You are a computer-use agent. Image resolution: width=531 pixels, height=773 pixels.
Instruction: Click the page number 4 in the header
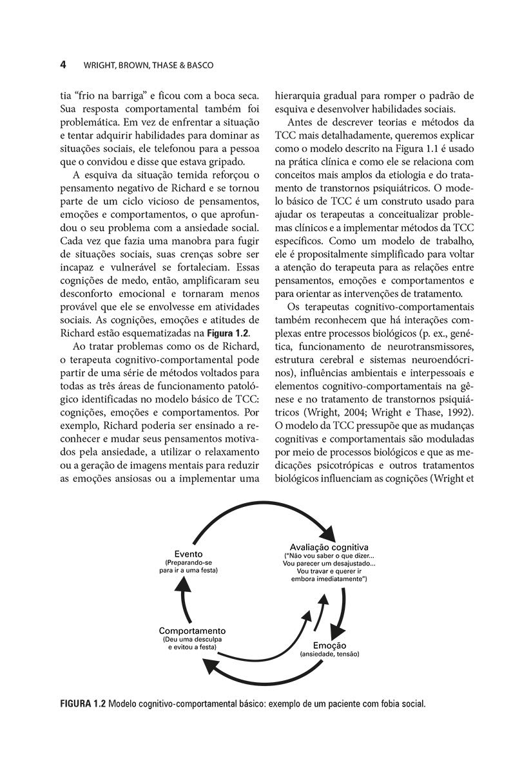click(63, 65)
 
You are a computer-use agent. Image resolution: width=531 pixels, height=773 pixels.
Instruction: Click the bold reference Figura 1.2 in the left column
click(228, 332)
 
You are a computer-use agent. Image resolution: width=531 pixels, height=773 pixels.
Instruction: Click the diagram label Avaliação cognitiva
click(329, 547)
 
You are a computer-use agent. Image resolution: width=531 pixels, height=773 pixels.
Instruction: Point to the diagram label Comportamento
click(192, 630)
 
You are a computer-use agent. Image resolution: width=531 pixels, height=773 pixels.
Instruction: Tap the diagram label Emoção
click(329, 645)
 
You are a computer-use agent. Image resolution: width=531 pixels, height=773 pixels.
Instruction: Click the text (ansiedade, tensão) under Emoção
click(329, 654)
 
